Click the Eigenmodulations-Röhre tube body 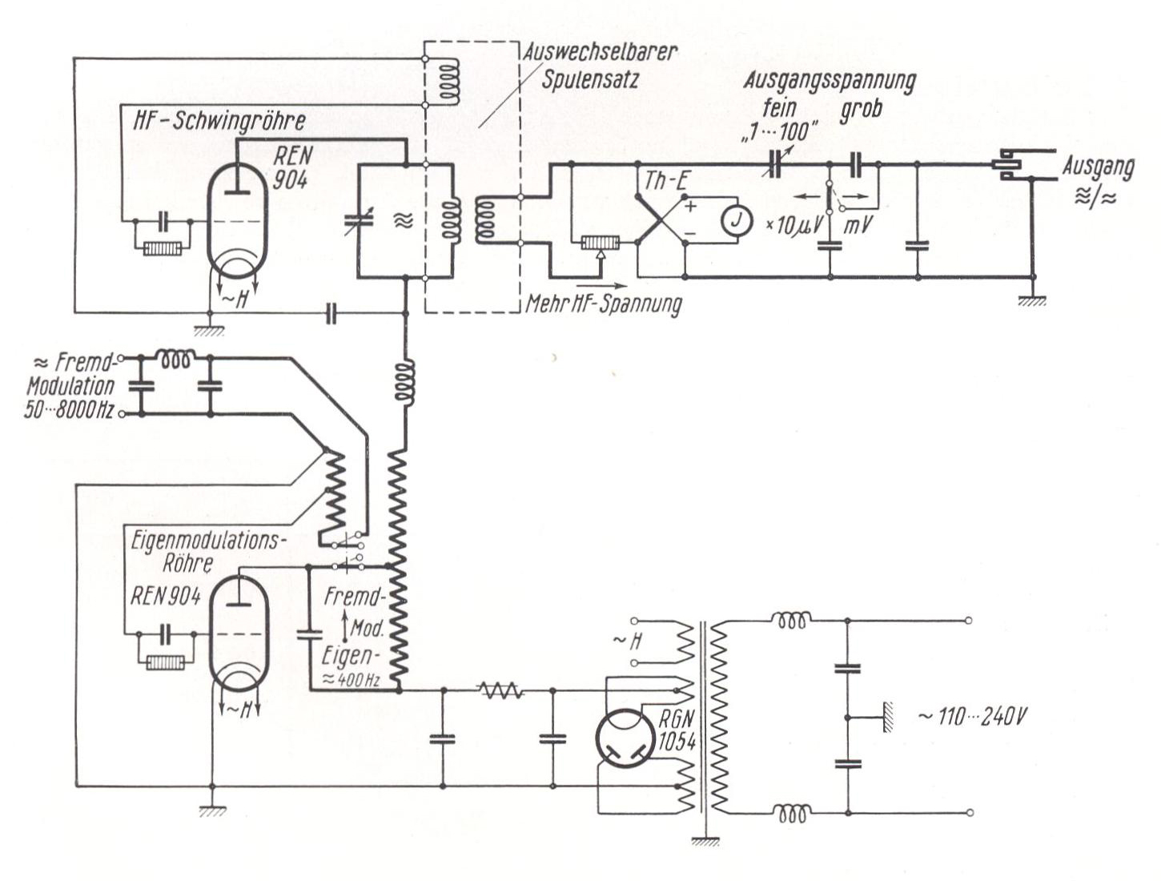pos(238,633)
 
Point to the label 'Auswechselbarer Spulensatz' pos(600,66)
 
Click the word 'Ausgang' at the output pos(1099,168)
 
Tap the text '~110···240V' pos(972,716)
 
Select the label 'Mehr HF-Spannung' pos(603,304)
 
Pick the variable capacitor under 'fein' pos(775,163)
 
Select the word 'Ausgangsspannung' pos(829,81)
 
